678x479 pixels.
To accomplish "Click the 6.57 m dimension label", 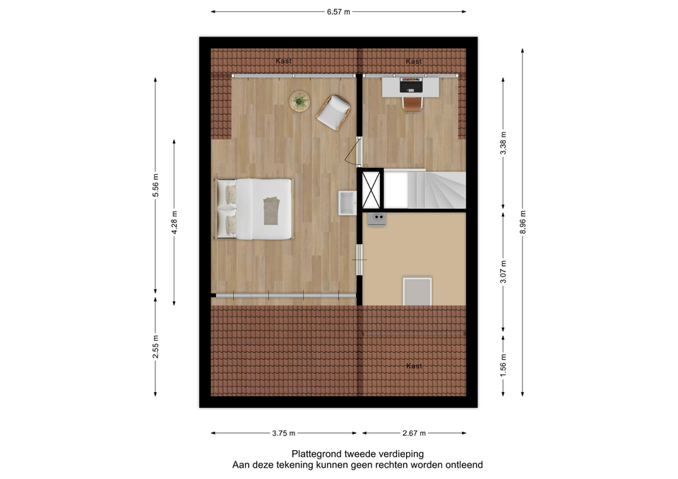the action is click(x=338, y=12).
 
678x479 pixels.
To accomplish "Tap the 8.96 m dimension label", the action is click(x=523, y=222).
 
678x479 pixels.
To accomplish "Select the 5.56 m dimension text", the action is click(x=155, y=186).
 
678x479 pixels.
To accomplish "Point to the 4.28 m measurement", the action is click(x=174, y=222).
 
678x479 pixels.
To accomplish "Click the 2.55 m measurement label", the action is click(x=155, y=346).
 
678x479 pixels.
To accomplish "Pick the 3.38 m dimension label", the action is click(x=504, y=143).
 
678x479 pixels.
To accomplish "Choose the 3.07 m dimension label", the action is click(x=504, y=272).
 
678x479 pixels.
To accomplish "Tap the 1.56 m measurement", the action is click(x=504, y=365).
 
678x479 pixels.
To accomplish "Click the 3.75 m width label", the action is click(x=284, y=433).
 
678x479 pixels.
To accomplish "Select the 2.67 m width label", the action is click(x=414, y=433).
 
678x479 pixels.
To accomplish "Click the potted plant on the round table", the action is click(x=299, y=102).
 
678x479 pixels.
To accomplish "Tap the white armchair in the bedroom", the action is click(x=333, y=112).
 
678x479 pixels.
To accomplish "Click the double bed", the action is click(x=254, y=209).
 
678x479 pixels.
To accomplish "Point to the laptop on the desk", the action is click(x=410, y=85).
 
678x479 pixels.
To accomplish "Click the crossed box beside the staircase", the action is click(x=371, y=190).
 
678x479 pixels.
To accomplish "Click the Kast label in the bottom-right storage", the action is click(x=414, y=366).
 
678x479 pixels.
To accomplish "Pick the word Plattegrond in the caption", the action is click(x=316, y=454).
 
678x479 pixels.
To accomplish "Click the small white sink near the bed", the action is click(x=347, y=203).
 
